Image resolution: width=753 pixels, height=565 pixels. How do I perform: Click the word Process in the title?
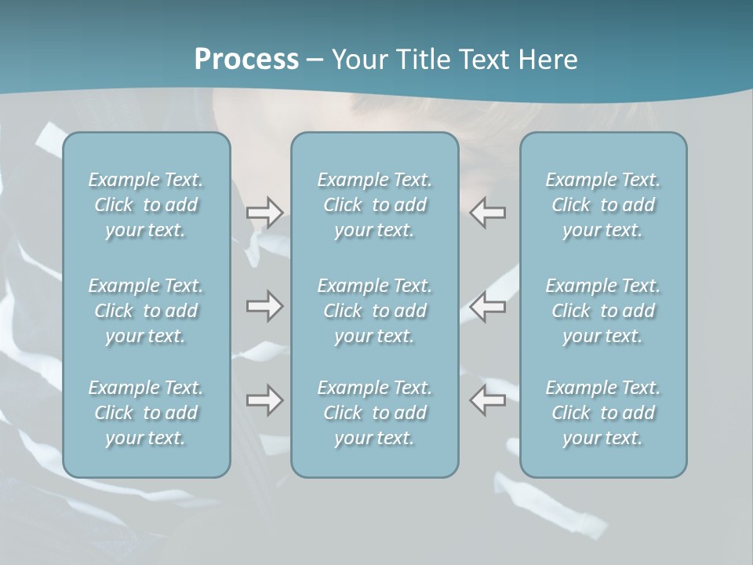[x=246, y=60]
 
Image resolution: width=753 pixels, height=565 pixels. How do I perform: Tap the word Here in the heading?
[x=548, y=60]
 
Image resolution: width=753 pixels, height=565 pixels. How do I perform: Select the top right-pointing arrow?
[x=264, y=213]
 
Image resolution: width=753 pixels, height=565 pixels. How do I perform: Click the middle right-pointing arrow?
[x=264, y=306]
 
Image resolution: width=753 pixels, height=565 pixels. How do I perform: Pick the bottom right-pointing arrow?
[x=264, y=400]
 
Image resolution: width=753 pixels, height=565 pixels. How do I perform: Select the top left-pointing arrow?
[x=488, y=213]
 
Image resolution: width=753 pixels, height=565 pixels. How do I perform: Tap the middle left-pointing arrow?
[x=488, y=306]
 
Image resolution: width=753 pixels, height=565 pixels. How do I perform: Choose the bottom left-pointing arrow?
[x=488, y=400]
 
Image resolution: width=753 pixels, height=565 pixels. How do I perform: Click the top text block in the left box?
[x=146, y=205]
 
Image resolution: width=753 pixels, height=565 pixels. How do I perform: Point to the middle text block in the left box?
[x=146, y=311]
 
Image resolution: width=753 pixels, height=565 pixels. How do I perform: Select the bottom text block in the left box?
[x=146, y=413]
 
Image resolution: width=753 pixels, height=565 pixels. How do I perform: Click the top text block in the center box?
[x=375, y=205]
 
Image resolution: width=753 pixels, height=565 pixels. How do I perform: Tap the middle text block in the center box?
[x=375, y=311]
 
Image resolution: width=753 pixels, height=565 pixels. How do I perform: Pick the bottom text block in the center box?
[x=375, y=413]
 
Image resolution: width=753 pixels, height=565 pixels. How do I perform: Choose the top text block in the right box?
[x=603, y=205]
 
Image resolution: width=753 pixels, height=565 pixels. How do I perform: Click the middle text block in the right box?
[x=603, y=311]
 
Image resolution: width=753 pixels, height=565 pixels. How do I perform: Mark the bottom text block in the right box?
[x=603, y=413]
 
